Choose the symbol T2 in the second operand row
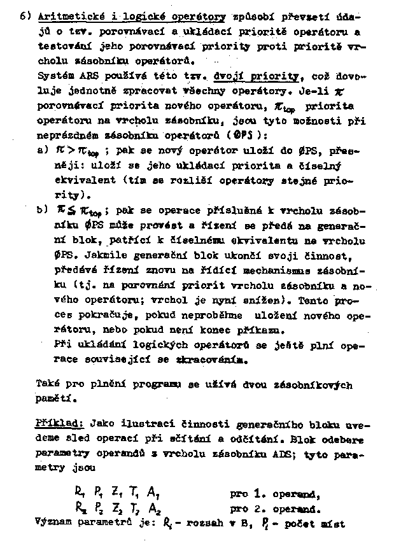coord(136,508)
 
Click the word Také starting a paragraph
coord(48,385)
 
